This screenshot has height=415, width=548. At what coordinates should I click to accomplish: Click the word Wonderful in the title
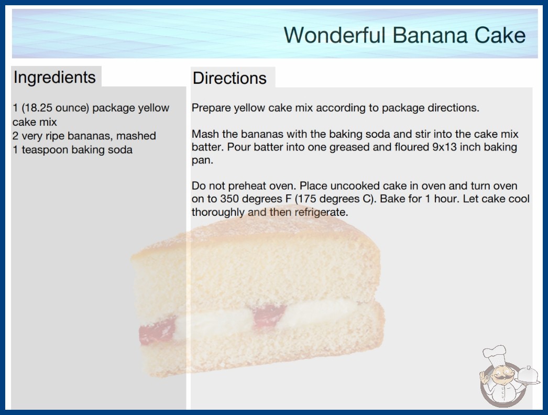tap(334, 35)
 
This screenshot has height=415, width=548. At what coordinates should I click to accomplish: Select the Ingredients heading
tap(54, 78)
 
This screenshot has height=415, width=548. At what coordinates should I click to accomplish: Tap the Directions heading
tap(229, 78)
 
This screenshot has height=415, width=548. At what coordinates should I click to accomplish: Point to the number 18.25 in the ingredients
tap(37, 108)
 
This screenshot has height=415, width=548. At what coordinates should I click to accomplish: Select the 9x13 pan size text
tap(444, 147)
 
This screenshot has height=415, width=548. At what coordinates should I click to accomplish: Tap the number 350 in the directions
tap(229, 199)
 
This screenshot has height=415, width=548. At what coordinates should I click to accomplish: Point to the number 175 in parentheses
tap(308, 199)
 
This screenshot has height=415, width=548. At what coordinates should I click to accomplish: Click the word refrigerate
tap(321, 212)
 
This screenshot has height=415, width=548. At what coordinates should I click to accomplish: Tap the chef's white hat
tap(495, 354)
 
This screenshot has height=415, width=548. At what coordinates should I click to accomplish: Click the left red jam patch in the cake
tap(157, 330)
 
